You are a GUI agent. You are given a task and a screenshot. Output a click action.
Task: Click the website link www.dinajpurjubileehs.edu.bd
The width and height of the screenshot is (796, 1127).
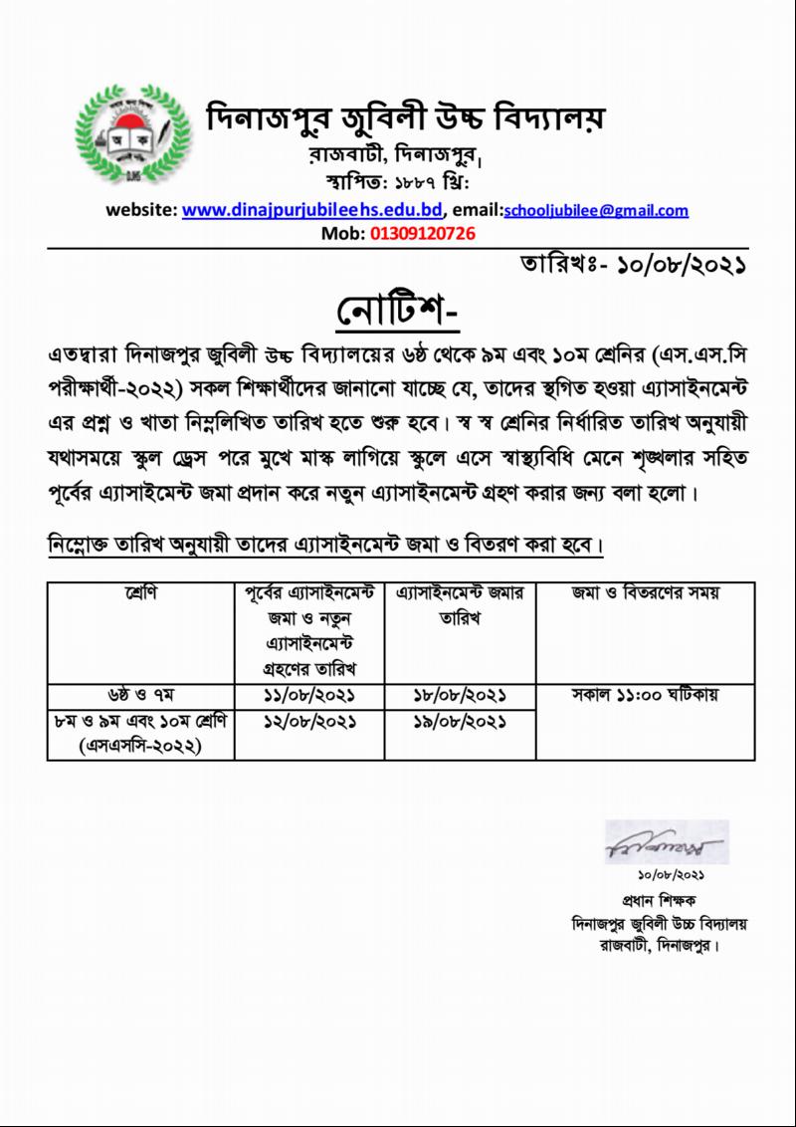click(311, 211)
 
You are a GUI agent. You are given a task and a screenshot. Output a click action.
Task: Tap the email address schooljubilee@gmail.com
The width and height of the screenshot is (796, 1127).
click(596, 211)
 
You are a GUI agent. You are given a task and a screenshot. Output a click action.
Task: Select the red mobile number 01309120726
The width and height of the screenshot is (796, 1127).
click(423, 234)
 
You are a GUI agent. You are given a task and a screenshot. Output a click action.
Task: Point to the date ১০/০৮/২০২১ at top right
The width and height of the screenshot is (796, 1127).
click(682, 266)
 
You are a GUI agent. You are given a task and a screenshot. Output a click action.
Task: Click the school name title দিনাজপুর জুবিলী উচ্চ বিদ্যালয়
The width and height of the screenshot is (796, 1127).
click(405, 119)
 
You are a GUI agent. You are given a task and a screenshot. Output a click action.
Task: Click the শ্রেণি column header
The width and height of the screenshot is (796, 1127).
click(140, 593)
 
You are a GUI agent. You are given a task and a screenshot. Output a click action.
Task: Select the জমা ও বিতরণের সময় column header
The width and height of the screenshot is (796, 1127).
click(645, 593)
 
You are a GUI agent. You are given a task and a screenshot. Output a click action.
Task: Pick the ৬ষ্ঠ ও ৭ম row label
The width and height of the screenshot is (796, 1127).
click(140, 694)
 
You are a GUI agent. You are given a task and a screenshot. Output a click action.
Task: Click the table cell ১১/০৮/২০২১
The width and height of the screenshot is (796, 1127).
click(309, 694)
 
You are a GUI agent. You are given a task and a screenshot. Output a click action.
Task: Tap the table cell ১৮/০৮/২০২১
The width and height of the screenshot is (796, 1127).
click(460, 694)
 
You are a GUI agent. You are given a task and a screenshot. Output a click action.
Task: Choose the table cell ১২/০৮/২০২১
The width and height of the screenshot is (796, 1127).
click(309, 720)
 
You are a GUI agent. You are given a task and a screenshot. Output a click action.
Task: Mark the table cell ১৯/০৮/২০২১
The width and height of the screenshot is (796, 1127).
click(460, 720)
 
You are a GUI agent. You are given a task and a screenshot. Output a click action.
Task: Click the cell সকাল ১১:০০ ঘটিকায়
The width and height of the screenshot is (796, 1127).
click(645, 694)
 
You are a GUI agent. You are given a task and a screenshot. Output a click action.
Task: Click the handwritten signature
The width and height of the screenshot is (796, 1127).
click(666, 844)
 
